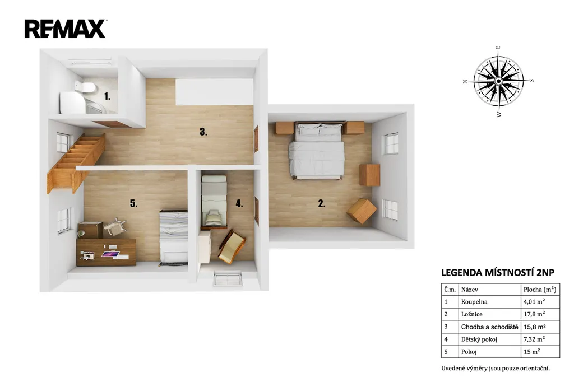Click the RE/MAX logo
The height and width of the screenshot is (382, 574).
[65, 29]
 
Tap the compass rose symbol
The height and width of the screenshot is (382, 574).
[498, 81]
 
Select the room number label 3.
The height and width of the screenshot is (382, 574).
[203, 132]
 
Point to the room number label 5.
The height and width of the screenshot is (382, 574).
[133, 203]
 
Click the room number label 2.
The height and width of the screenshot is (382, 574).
[321, 204]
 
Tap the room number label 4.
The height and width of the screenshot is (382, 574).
[239, 203]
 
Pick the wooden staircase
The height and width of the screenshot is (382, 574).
[76, 163]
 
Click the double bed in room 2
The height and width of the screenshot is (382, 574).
[317, 151]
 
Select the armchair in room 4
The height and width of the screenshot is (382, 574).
[232, 246]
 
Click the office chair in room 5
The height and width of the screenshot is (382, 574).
[115, 227]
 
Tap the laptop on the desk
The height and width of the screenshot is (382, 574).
[110, 254]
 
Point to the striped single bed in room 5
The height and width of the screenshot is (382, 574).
[174, 237]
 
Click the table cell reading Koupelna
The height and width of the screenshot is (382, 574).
[474, 302]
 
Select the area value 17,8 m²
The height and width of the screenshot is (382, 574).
[534, 314]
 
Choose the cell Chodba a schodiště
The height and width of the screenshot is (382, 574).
[489, 327]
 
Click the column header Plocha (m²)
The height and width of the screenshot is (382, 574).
[540, 290]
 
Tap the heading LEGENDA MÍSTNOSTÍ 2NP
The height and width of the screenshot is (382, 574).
[498, 273]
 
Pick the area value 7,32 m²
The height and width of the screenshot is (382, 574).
[534, 339]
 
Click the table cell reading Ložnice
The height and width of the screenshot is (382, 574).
[471, 314]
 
